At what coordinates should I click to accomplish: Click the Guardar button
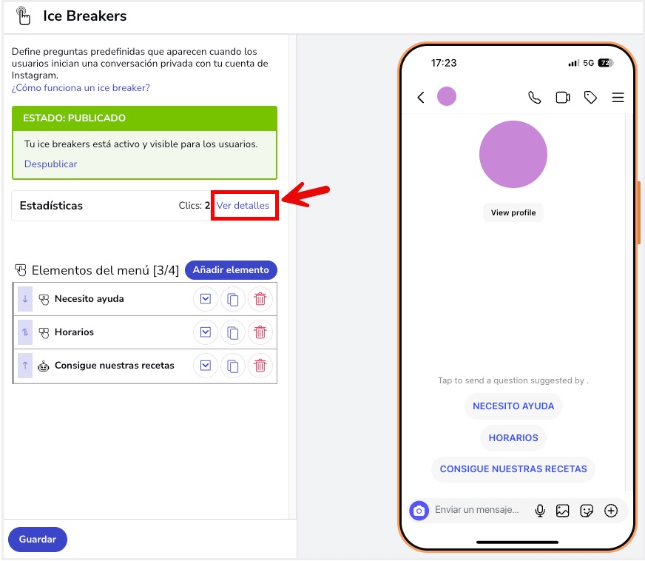(x=37, y=540)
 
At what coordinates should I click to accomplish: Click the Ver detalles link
(x=243, y=205)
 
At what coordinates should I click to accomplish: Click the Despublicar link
(x=50, y=164)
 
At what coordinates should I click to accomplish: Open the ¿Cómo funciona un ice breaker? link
(x=81, y=87)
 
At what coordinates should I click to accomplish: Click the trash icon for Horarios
(x=260, y=332)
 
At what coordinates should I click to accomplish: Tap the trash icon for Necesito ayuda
(x=260, y=299)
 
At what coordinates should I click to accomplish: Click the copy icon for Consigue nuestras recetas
(x=232, y=366)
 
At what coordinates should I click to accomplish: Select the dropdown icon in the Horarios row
(x=206, y=332)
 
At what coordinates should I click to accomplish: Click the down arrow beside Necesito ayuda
(x=25, y=299)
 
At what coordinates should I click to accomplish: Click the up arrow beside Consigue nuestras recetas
(x=25, y=366)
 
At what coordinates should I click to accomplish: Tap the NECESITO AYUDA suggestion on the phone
(x=513, y=406)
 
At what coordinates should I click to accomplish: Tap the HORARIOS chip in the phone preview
(x=513, y=438)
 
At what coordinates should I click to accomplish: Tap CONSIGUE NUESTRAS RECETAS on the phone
(x=513, y=469)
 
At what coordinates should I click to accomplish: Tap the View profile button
(x=513, y=212)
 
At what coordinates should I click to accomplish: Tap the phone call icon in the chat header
(x=534, y=97)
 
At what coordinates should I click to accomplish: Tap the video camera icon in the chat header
(x=562, y=97)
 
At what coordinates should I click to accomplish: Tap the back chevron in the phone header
(x=421, y=97)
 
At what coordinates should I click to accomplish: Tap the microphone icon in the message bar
(x=540, y=510)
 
